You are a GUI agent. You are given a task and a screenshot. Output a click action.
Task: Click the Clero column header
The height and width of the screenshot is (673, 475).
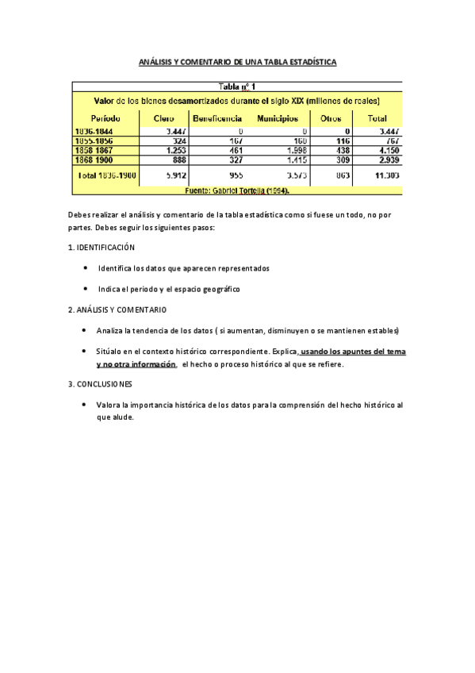pyautogui.click(x=164, y=118)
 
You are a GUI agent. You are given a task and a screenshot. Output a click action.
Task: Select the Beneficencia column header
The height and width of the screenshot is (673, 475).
pyautogui.click(x=217, y=118)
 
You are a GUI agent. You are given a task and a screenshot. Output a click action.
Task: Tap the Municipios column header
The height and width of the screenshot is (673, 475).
pyautogui.click(x=278, y=118)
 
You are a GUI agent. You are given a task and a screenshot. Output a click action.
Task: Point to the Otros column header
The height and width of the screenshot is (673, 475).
pyautogui.click(x=331, y=118)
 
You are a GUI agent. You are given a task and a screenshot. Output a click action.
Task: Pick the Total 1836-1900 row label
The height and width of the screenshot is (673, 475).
pyautogui.click(x=107, y=174)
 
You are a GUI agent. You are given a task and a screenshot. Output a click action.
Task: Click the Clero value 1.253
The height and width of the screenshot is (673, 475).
pyautogui.click(x=175, y=149)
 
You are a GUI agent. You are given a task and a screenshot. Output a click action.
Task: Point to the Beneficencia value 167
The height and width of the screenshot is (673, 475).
pyautogui.click(x=236, y=140)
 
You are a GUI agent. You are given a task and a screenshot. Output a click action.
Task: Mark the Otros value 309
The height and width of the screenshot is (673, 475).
pyautogui.click(x=342, y=159)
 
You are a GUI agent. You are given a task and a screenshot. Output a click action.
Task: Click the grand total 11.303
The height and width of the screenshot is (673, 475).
pyautogui.click(x=386, y=174)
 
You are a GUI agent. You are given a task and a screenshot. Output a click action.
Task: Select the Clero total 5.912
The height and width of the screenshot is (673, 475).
pyautogui.click(x=175, y=174)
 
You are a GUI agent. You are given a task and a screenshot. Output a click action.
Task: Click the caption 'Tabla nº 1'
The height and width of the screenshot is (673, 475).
pyautogui.click(x=237, y=87)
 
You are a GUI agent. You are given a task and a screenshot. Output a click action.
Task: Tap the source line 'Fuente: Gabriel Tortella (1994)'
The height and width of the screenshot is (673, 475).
pyautogui.click(x=237, y=190)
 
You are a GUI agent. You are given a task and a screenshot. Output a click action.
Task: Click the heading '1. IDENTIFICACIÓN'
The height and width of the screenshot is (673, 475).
pyautogui.click(x=102, y=248)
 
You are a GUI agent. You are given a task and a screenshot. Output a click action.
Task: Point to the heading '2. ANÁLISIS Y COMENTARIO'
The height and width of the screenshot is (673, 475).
pyautogui.click(x=117, y=310)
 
